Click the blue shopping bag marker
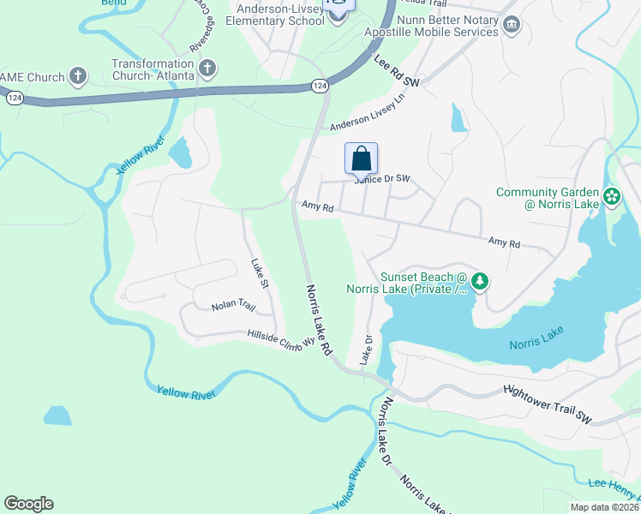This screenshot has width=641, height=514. coord(362,158)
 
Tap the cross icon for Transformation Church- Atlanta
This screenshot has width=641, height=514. coord(207,67)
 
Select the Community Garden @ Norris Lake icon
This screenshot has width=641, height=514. coord(611,198)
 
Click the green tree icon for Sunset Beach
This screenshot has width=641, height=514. coord(481,281)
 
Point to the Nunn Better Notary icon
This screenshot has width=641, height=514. coord(512,24)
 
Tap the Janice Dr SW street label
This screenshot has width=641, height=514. coord(383,178)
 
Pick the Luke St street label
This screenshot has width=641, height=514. coord(260,273)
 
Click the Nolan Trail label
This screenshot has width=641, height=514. coord(234,306)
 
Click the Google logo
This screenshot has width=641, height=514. coord(28,504)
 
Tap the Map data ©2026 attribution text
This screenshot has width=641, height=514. coord(603,507)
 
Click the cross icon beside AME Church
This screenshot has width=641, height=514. coord(78,77)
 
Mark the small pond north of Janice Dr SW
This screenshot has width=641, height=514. coord(458,119)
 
